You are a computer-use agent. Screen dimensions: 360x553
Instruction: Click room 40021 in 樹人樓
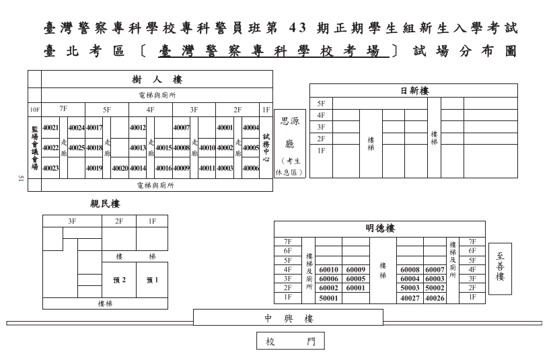click(x=50, y=128)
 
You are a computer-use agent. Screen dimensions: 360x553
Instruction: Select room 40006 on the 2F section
click(x=251, y=168)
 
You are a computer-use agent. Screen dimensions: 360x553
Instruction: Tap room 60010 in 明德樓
click(x=328, y=270)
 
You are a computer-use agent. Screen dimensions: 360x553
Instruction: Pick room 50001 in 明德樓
click(x=328, y=297)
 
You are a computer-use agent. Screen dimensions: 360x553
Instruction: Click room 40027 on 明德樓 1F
click(x=410, y=297)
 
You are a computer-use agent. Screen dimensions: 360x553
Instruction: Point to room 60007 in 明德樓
click(x=435, y=270)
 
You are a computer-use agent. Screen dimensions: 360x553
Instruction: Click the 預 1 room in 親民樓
click(x=152, y=280)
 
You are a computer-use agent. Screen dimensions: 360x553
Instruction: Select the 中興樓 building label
click(x=289, y=318)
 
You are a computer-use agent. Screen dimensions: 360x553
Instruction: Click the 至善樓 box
click(x=500, y=267)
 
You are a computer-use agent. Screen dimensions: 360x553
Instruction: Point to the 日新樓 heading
click(x=414, y=91)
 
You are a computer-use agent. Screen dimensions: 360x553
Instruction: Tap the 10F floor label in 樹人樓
click(x=34, y=109)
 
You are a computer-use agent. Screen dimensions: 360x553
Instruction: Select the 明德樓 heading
click(x=379, y=229)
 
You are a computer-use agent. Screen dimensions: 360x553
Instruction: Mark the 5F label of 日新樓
click(x=321, y=104)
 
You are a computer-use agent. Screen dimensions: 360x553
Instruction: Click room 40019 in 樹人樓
click(x=94, y=168)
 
